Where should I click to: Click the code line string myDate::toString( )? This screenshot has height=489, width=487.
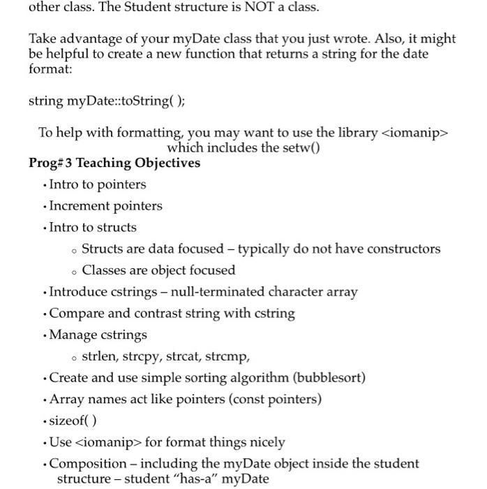click(107, 101)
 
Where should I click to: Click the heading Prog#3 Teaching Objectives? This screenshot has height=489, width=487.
click(114, 163)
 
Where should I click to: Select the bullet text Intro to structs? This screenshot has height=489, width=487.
click(93, 227)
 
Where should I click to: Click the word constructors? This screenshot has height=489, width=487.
click(403, 249)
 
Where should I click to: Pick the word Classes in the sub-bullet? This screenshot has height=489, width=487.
click(105, 270)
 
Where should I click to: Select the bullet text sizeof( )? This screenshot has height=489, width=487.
click(73, 421)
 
